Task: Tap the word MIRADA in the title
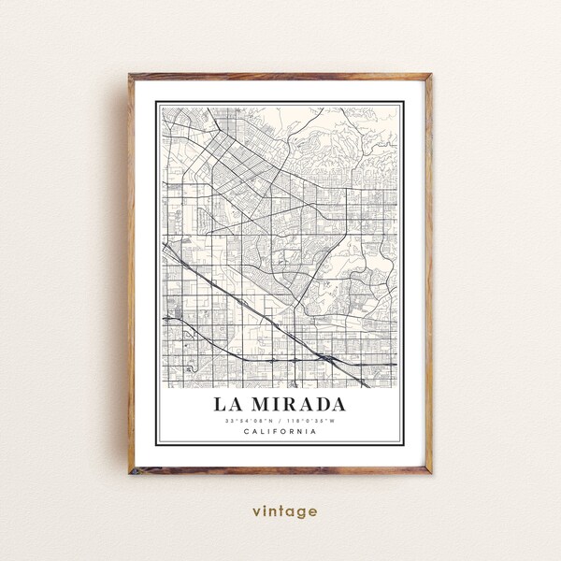pos(297,405)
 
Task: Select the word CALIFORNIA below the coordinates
pos(280,431)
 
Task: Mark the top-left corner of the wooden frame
pos(130,75)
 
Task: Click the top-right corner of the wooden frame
pos(431,75)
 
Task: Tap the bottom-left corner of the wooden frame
pos(130,472)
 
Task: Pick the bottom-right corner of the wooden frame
pos(431,472)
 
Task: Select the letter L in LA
pos(221,405)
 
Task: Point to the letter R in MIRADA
pos(289,405)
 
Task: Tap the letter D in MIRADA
pos(321,405)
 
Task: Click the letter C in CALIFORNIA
pos(245,431)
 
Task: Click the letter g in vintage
pos(303,513)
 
